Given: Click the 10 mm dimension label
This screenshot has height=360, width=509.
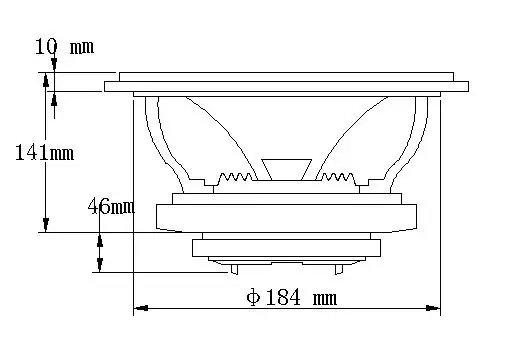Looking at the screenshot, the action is coord(64,46).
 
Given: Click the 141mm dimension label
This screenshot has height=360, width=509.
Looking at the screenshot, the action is coord(45,153).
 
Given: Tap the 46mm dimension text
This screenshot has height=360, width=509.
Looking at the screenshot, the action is coord(111,206).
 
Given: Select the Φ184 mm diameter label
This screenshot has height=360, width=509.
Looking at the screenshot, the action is coord(292,297).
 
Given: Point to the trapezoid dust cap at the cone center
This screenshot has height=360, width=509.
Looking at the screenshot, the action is coord(287,170).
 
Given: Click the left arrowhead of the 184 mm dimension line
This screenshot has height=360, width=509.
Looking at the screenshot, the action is coord(141,308).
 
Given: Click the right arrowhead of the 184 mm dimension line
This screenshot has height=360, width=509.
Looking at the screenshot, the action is coord(433,308).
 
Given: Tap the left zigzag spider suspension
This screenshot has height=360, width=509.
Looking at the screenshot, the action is coord(235,177).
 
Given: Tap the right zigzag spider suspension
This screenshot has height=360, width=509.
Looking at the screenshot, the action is coord(336,177).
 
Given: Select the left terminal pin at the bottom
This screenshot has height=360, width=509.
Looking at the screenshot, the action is coord(234,269).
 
